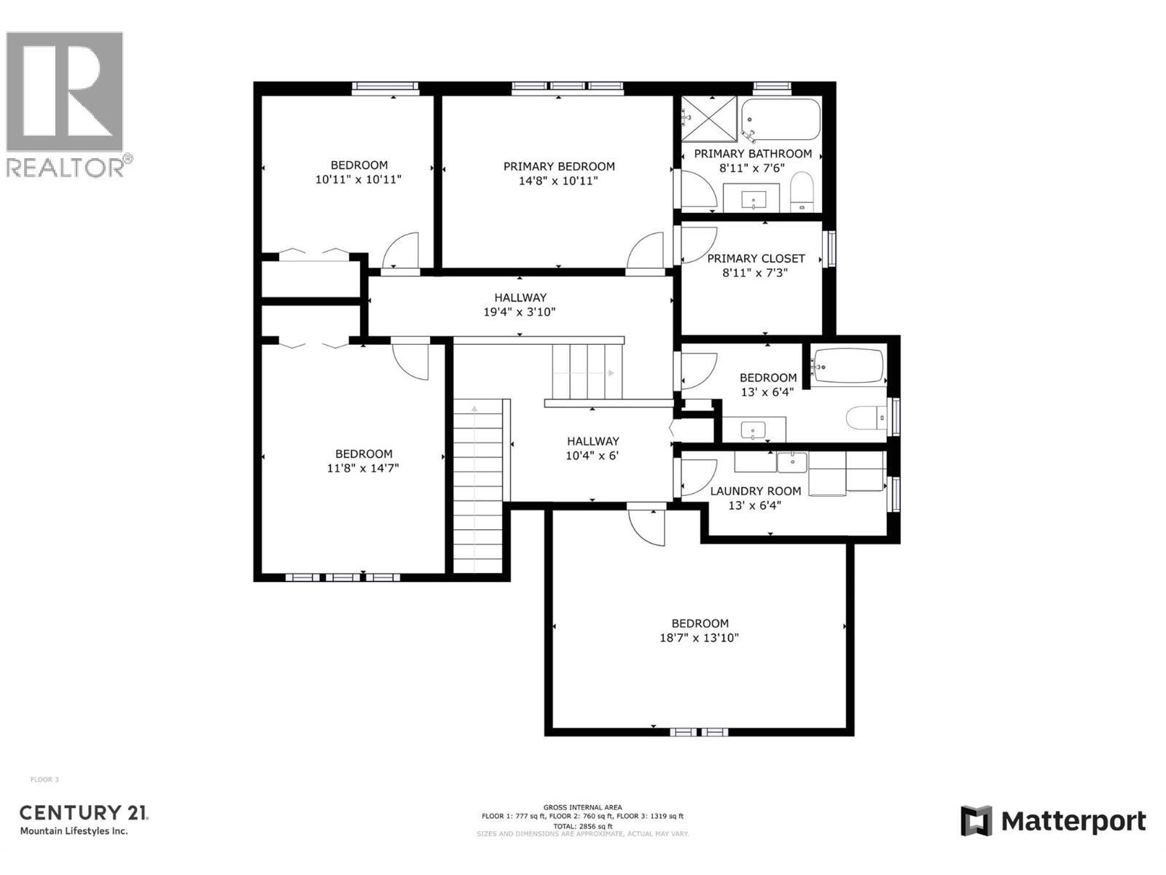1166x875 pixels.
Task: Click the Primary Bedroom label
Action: pos(559,166)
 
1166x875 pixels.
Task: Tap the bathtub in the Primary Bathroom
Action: pos(780,119)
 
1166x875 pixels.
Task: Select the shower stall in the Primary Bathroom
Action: pos(708,119)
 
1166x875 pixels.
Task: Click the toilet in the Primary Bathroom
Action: pos(801,192)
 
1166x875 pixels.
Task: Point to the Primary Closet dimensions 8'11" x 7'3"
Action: pos(755,273)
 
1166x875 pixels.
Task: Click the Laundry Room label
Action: pos(756,491)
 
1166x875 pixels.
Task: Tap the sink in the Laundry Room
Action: pos(791,462)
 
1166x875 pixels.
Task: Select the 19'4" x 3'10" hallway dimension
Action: pos(520,312)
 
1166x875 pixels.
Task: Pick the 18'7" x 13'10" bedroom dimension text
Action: pos(700,638)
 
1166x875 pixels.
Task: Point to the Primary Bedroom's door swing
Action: pos(646,252)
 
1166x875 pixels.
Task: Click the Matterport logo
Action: pos(1052,821)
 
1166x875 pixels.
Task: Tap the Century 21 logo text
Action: pos(84,812)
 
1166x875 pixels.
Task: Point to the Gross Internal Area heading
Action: pos(582,807)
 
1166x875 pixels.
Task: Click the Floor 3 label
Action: pos(44,779)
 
